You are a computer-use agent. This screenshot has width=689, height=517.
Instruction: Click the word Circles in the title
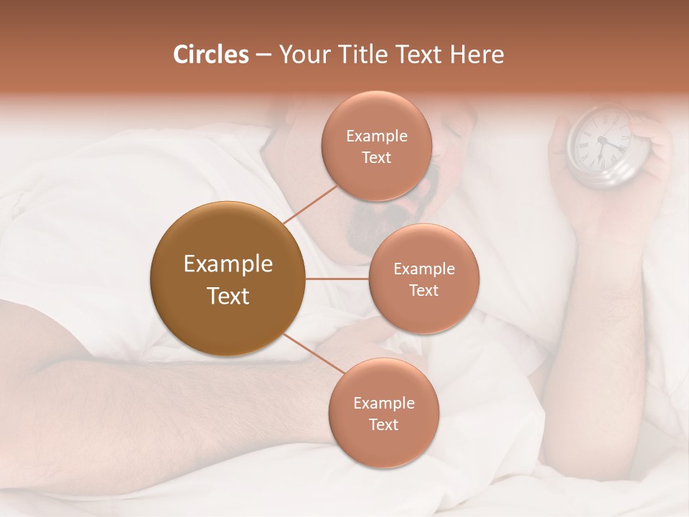[211, 55]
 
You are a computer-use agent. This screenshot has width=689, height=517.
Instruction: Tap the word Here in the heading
[477, 55]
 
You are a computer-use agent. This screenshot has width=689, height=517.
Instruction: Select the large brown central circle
[228, 279]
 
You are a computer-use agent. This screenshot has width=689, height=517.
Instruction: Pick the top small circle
[376, 146]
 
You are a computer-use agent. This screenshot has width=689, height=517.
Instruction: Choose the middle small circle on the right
[423, 279]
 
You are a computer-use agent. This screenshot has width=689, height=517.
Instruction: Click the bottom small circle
[383, 413]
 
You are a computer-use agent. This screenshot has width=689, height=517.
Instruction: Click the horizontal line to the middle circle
[337, 279]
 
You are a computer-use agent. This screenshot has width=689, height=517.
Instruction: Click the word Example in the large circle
[228, 264]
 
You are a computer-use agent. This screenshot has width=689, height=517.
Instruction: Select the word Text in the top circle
[376, 157]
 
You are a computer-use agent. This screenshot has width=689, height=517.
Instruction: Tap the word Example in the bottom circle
[383, 403]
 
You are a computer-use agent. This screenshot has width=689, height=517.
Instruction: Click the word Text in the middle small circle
[423, 290]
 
